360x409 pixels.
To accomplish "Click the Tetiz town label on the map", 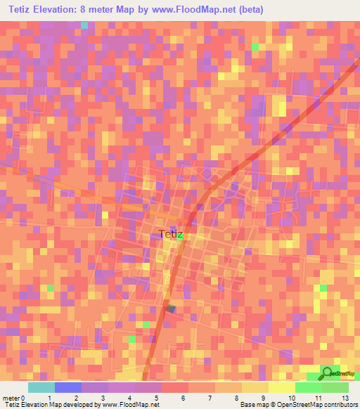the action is point(171,235).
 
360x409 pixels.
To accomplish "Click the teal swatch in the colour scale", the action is point(41,387).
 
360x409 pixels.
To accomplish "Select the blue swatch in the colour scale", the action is point(67,387).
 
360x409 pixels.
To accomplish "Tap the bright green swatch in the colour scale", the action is point(308,387).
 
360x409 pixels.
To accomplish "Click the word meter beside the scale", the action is point(11,398).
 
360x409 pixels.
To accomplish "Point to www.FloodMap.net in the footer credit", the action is point(129,405).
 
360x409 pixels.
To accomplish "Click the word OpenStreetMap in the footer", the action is point(290,405).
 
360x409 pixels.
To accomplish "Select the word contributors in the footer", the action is point(340,405).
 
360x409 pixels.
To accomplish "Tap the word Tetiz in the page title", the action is point(22,11).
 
